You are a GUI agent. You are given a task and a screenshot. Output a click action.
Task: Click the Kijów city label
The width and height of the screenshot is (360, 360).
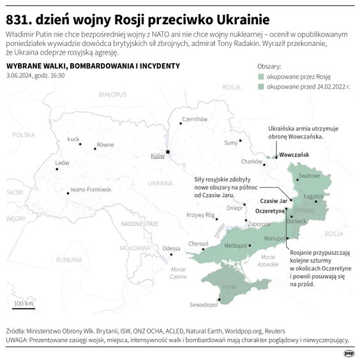[x=157, y=156]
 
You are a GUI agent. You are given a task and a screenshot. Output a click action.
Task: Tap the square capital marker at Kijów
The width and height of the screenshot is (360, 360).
[x=168, y=152]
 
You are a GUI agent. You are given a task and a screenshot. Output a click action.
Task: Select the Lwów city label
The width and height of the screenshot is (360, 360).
[x=62, y=163]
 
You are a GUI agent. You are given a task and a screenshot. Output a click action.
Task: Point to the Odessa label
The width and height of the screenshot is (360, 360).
[x=171, y=248]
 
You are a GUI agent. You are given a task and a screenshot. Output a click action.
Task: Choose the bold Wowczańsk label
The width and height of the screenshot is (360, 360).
[x=294, y=155]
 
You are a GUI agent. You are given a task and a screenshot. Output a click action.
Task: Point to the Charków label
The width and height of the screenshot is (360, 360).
[x=253, y=161]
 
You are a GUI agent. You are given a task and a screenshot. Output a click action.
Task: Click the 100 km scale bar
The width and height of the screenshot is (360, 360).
[x=24, y=308]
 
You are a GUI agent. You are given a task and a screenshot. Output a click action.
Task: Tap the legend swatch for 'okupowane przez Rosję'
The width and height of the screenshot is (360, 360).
[x=262, y=75]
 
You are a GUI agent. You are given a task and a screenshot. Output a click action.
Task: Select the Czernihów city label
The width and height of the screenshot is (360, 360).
[x=196, y=119]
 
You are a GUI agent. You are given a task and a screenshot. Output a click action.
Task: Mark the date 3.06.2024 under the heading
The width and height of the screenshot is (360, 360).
[x=20, y=75]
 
